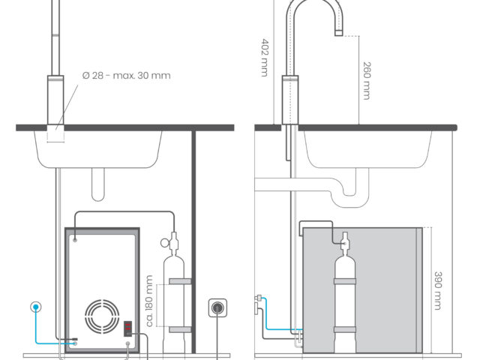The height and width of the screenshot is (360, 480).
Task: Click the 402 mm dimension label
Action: click(265, 57)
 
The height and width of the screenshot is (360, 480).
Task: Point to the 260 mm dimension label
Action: click(367, 80)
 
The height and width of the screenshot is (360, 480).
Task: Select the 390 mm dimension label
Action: click(438, 290)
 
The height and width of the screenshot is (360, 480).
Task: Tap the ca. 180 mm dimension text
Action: click(149, 301)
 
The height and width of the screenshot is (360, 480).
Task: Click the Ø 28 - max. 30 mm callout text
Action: click(127, 75)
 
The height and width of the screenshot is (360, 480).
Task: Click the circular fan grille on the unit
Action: click(102, 316)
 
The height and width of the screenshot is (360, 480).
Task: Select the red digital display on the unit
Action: click(127, 328)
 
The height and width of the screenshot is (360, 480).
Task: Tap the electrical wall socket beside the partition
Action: click(217, 307)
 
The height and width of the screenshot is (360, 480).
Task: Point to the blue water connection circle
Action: click(36, 307)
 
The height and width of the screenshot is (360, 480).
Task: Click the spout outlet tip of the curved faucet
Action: click(338, 33)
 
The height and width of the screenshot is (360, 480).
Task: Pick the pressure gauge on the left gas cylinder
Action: click(165, 243)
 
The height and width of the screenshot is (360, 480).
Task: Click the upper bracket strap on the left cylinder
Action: click(180, 281)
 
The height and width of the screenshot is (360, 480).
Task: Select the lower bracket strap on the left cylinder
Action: click(180, 330)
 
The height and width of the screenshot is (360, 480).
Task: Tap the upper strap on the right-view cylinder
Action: click(345, 281)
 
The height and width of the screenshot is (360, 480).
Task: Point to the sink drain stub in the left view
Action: click(98, 184)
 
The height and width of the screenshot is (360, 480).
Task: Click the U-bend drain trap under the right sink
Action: click(350, 193)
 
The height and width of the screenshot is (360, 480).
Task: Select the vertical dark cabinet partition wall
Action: click(193, 241)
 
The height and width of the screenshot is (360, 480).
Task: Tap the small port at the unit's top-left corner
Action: click(75, 240)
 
